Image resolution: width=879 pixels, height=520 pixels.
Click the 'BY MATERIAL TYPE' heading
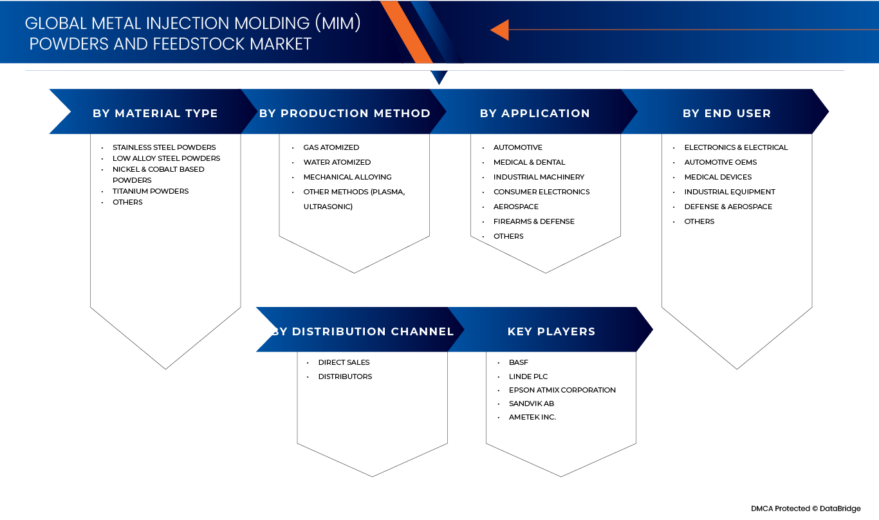coord(155,113)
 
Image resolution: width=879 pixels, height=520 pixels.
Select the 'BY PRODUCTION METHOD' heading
coord(344,113)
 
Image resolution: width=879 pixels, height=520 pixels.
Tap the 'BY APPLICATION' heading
coord(535,113)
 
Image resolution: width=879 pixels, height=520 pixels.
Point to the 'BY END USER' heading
coord(726,113)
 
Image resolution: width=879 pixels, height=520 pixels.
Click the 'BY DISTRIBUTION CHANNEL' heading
coord(362,331)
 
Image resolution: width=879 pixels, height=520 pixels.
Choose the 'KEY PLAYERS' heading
coord(551,331)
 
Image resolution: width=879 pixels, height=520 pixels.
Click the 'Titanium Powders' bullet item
coord(151,191)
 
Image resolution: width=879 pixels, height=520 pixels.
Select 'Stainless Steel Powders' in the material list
coord(164,147)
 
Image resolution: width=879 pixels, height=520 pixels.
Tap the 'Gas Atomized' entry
coord(331,147)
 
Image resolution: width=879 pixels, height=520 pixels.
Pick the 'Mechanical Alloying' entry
coord(347,177)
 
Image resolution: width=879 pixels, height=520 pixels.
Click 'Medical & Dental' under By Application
coord(529,162)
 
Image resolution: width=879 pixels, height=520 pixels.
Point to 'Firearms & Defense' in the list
coord(534,221)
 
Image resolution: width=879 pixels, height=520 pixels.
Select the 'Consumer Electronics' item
coord(541,192)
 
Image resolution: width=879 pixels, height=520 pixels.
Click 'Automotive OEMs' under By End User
coord(721,162)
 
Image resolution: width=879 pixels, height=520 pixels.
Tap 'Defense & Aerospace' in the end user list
coord(728,207)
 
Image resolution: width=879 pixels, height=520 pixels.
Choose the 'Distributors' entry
coord(345,376)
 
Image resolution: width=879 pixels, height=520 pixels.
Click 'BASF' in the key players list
coord(519,362)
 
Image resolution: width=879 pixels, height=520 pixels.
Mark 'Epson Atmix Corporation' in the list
coord(562,390)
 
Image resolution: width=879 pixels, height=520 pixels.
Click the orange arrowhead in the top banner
coord(500,30)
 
